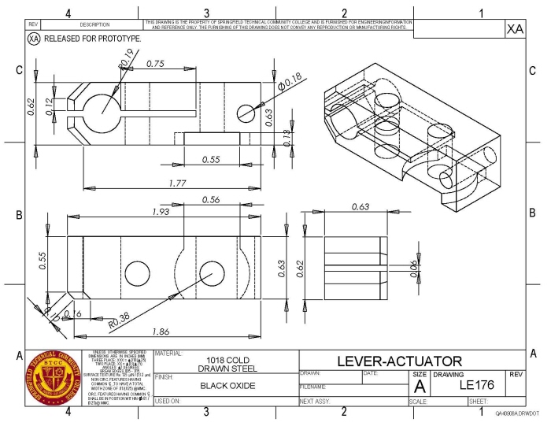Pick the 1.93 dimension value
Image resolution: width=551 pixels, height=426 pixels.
pyautogui.click(x=161, y=213)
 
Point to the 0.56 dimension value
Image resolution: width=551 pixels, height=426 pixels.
pyautogui.click(x=210, y=200)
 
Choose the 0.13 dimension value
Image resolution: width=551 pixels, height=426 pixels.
pyautogui.click(x=287, y=136)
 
